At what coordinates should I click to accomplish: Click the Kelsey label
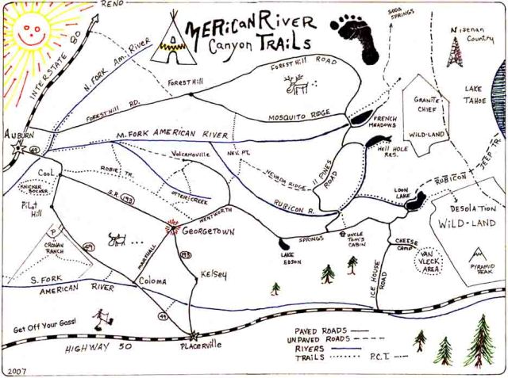tap(214, 275)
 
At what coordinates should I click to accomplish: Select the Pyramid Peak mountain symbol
tap(479, 254)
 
